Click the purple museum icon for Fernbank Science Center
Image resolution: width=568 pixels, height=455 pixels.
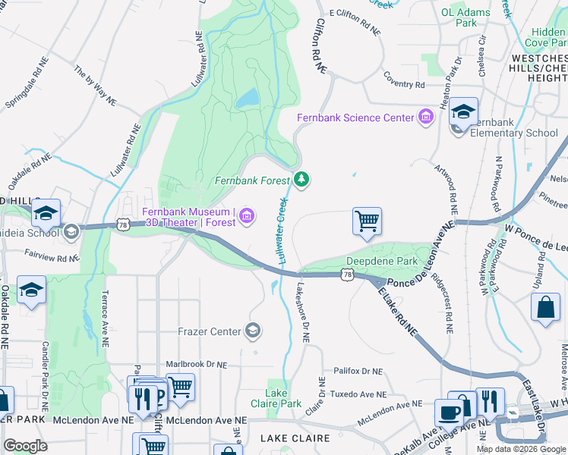425,118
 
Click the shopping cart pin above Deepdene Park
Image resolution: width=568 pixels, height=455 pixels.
367,221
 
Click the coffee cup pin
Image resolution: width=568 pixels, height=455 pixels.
448,413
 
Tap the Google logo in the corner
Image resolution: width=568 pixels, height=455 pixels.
25,446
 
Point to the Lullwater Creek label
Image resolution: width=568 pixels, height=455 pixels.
282,231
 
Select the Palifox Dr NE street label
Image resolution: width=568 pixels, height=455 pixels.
358,372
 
